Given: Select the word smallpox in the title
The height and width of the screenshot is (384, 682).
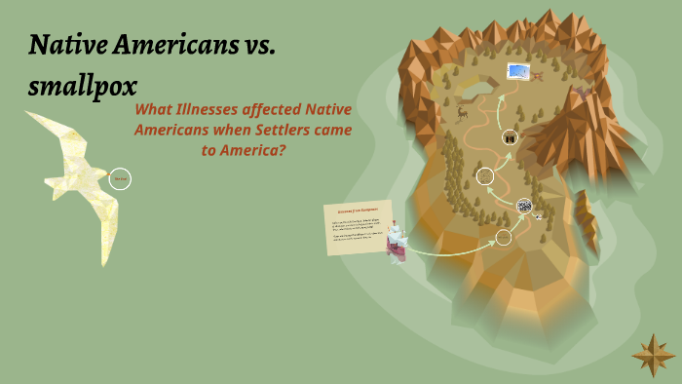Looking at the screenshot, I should point(82,86).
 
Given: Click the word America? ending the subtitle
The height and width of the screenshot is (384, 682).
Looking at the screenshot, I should point(259,151).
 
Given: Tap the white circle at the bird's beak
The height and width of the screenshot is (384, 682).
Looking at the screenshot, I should point(120,178).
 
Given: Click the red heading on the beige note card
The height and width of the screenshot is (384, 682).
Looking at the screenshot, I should point(357,211).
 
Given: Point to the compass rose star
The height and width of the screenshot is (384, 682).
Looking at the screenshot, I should point(653,355).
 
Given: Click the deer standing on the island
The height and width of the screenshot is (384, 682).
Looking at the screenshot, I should point(462,112).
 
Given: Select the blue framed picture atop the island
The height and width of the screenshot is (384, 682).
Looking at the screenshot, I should point(517,72).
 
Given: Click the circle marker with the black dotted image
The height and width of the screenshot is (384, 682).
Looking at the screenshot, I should point(524,206).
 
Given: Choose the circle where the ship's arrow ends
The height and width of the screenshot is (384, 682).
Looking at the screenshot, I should point(503,237).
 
